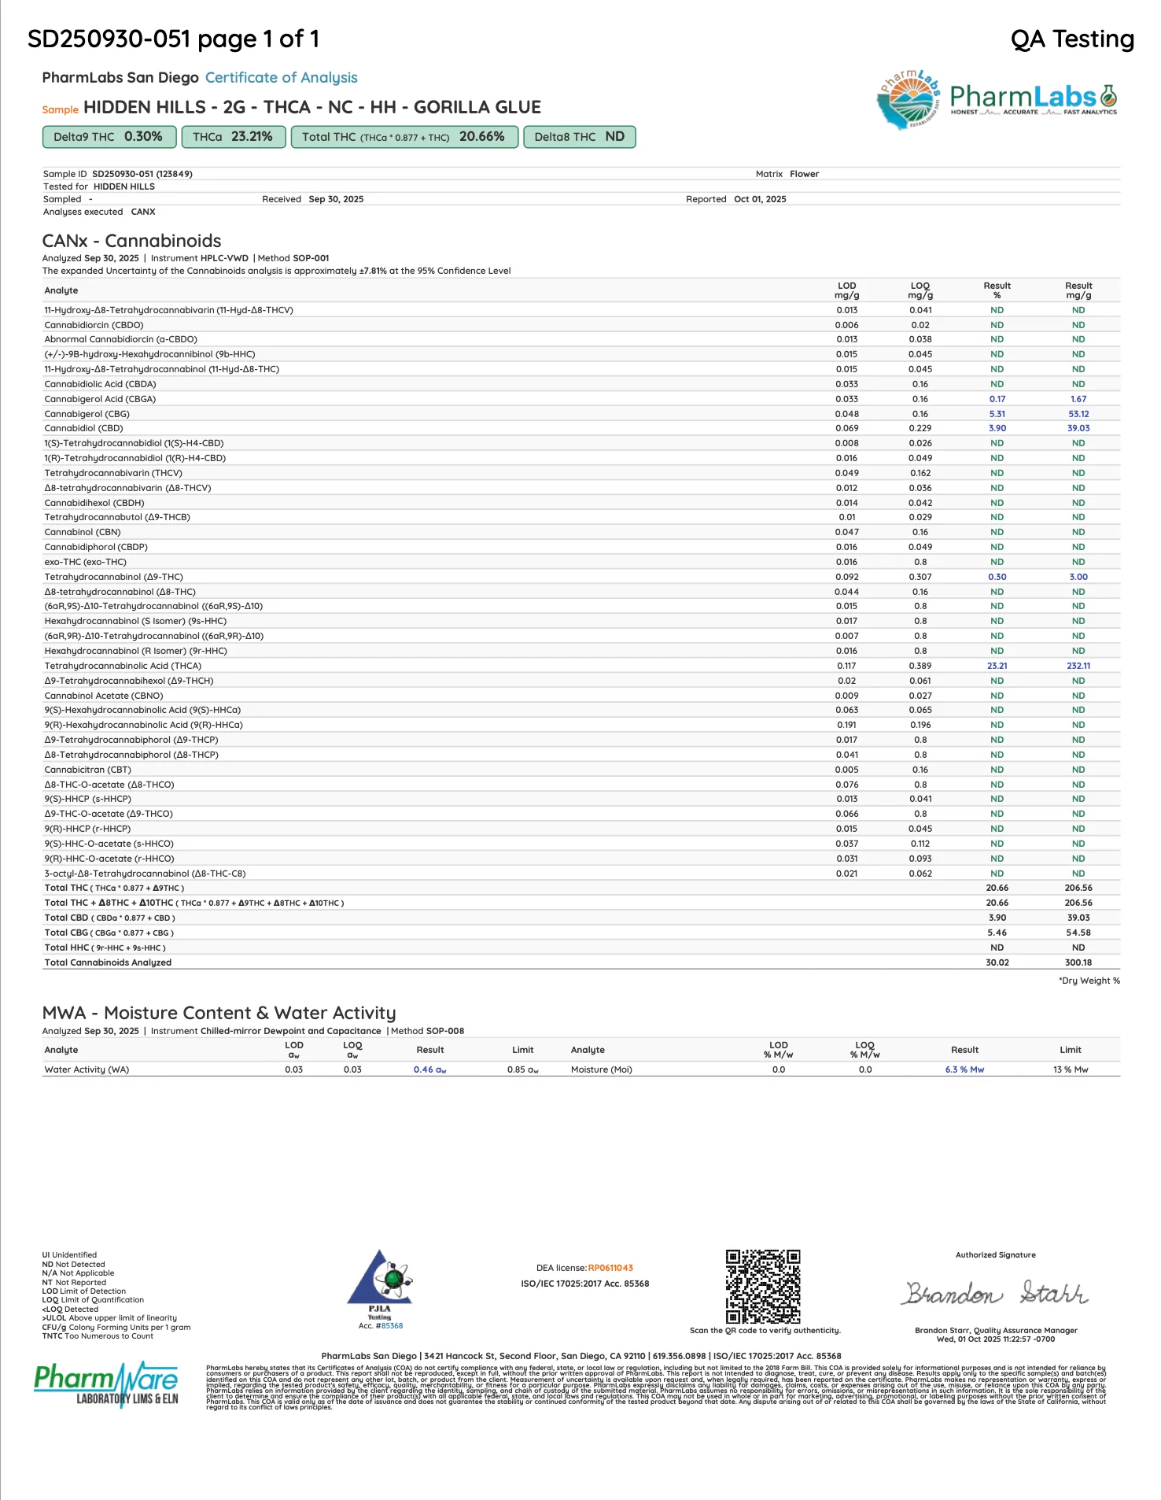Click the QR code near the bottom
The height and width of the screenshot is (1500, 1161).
coord(762,1287)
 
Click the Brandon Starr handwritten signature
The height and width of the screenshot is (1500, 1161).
coord(995,1293)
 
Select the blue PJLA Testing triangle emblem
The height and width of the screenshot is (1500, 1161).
coord(379,1279)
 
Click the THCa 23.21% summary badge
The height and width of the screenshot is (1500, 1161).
coord(233,137)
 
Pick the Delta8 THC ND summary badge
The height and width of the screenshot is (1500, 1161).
coord(579,137)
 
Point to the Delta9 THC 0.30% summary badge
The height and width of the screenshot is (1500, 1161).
coord(108,137)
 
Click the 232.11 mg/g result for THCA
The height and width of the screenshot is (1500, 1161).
coord(1078,666)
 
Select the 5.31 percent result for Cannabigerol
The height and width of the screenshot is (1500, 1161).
coord(997,414)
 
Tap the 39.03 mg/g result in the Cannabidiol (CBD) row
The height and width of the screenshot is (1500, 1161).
coord(1078,428)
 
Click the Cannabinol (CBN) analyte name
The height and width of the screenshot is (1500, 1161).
coord(83,532)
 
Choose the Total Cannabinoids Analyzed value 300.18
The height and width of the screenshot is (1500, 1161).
coord(1078,962)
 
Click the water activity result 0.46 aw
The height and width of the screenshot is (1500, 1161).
coord(429,1070)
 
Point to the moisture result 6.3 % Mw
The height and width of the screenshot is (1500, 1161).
coord(964,1070)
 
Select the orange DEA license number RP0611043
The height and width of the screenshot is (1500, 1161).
coord(610,1268)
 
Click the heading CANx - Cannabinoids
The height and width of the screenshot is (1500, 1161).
coord(131,241)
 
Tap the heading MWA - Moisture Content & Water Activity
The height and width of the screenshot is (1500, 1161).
coord(219,1013)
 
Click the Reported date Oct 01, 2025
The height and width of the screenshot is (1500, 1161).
coord(760,199)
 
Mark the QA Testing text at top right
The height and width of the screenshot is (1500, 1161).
coord(1071,39)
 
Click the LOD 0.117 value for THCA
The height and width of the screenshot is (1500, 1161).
coord(846,666)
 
